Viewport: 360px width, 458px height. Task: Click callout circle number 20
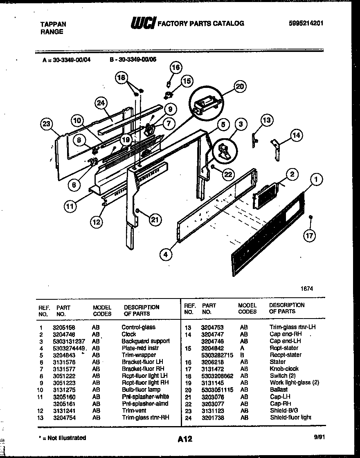click(240, 86)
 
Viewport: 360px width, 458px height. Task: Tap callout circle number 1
click(316, 179)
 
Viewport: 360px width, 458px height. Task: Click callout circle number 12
click(96, 222)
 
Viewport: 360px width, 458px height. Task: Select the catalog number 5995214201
click(306, 23)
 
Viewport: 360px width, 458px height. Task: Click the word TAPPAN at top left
click(53, 24)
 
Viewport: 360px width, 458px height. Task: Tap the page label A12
click(185, 439)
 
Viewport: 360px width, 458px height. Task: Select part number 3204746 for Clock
click(63, 334)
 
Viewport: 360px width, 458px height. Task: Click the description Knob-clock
click(284, 368)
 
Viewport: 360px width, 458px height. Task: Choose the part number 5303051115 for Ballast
click(217, 390)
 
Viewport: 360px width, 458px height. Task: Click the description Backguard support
click(145, 341)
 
